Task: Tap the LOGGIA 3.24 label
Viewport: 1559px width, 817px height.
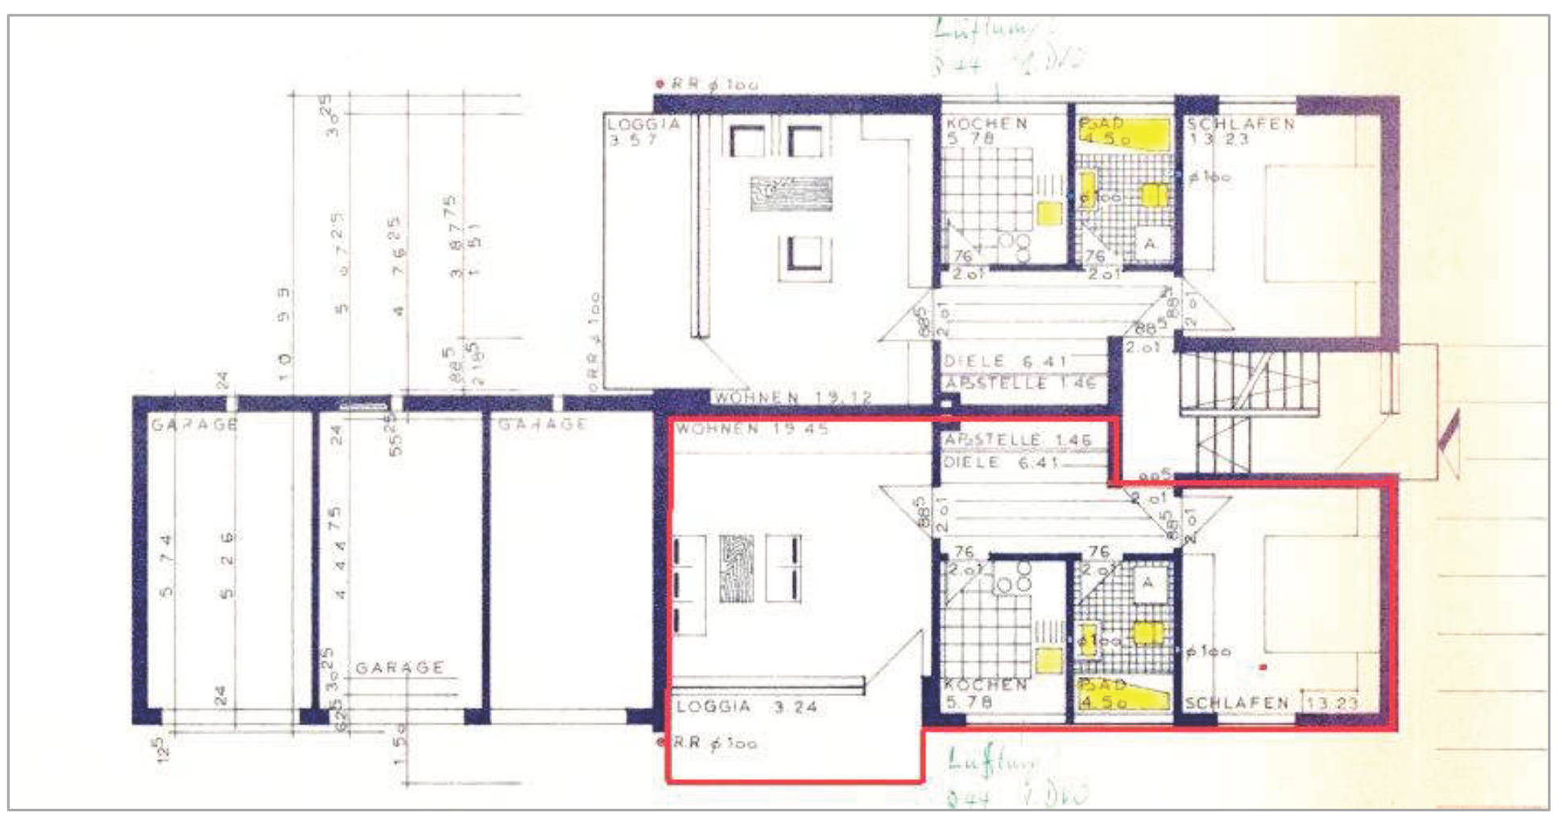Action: (x=746, y=707)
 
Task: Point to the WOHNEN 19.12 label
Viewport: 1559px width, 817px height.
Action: (x=792, y=397)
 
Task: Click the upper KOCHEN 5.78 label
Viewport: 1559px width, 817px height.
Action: (x=986, y=131)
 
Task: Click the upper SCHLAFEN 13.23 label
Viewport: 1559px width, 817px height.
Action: (x=1239, y=131)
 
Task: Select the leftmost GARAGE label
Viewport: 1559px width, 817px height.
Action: (x=194, y=424)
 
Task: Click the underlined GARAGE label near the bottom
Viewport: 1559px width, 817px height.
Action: (x=399, y=668)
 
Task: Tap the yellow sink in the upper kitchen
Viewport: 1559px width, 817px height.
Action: (x=1048, y=214)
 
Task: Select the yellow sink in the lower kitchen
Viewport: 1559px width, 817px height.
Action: (x=1048, y=660)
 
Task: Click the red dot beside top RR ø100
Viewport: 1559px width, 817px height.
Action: (x=660, y=84)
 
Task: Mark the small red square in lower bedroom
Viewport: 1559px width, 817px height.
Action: (x=1263, y=667)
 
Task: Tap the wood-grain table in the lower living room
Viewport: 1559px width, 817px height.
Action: (x=736, y=569)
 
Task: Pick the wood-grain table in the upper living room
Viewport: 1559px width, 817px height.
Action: (x=791, y=194)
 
